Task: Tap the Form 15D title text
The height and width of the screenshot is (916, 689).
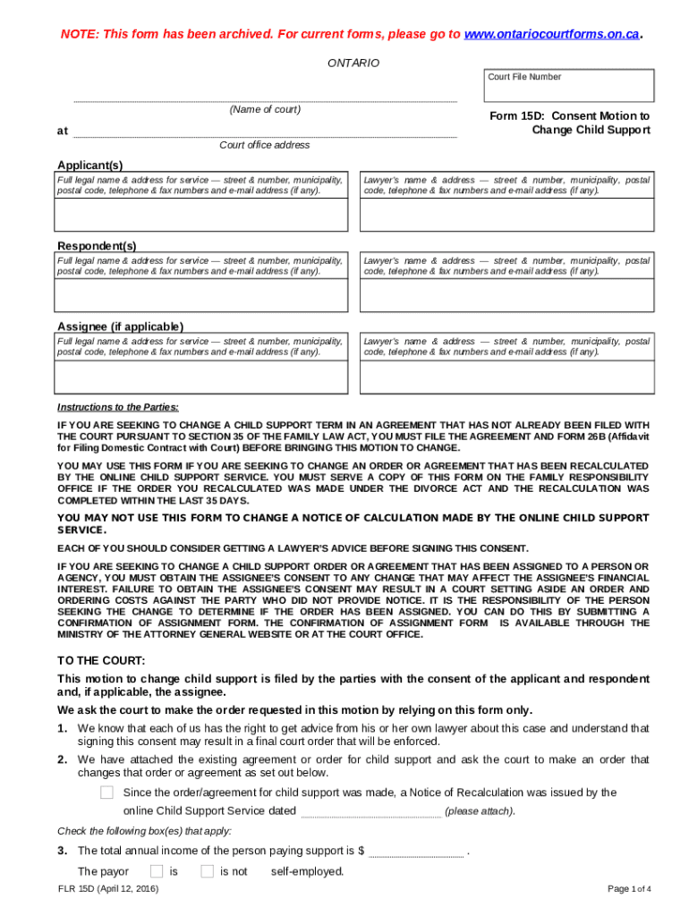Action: pos(569,123)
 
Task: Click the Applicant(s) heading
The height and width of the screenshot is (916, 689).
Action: pos(90,165)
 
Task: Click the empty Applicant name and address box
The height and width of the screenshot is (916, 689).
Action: pos(201,215)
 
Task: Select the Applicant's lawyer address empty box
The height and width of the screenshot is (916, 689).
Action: pos(506,215)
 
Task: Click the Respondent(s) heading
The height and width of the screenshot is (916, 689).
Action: pos(98,246)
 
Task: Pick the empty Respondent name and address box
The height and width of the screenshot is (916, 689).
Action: pos(201,295)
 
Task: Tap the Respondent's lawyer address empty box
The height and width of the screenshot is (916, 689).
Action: pos(506,295)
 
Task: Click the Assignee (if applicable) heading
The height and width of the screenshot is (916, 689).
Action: pos(120,327)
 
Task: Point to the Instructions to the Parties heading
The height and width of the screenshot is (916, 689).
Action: pos(118,407)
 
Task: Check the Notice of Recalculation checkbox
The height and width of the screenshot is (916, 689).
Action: pos(107,793)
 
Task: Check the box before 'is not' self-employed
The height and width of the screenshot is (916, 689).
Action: pos(207,871)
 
